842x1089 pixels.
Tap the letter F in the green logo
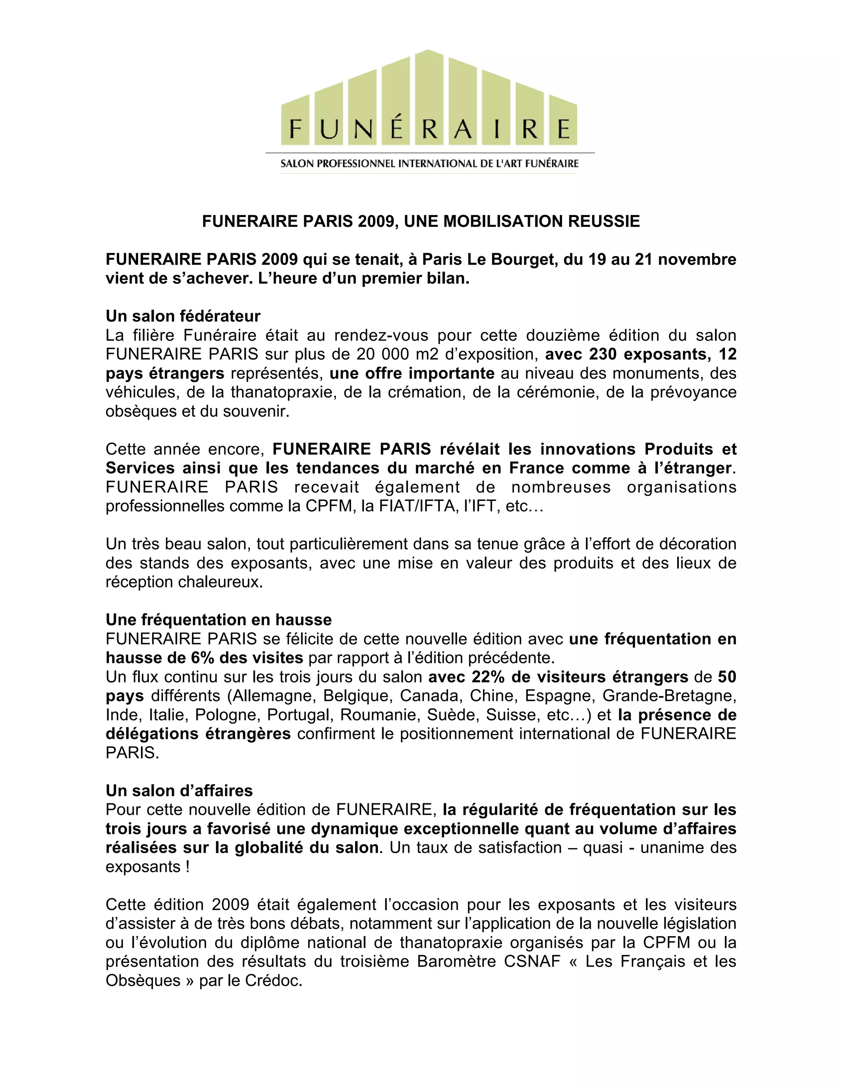pos(295,129)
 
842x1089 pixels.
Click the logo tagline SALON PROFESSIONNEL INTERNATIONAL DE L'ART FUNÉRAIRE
pos(430,164)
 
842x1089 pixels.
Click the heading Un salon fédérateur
pos(183,316)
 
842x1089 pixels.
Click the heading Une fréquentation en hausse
pos(218,620)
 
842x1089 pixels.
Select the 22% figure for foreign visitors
pos(488,677)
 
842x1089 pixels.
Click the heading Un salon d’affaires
pos(179,791)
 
